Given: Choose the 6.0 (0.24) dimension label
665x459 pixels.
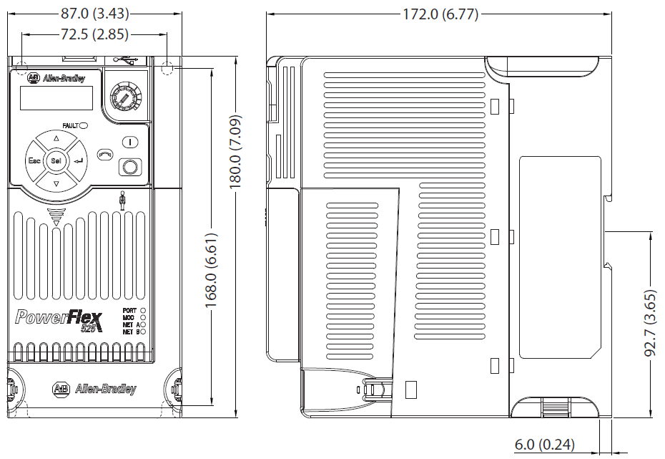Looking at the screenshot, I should tap(544, 445).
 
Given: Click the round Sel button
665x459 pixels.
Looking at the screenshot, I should tap(56, 162).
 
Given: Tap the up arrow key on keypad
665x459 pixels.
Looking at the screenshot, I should tap(56, 139).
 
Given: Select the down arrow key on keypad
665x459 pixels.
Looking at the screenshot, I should tap(56, 184).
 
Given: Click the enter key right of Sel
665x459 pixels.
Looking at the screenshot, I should tap(79, 162).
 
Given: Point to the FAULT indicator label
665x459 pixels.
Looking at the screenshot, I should tap(70, 125).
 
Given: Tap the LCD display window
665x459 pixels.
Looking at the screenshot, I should tap(56, 98).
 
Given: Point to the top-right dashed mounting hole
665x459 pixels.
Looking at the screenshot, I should tap(168, 68).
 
